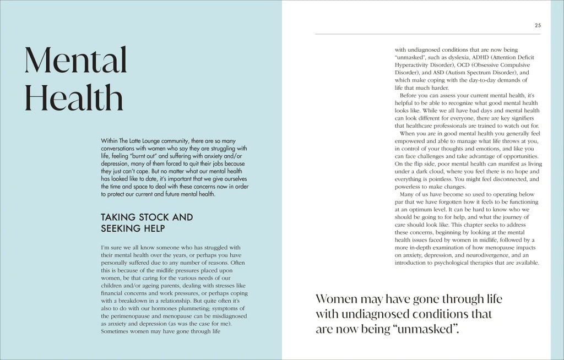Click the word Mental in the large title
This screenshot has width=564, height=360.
click(x=76, y=61)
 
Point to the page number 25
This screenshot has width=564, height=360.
click(x=538, y=25)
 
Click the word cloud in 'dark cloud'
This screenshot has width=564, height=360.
click(x=435, y=172)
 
